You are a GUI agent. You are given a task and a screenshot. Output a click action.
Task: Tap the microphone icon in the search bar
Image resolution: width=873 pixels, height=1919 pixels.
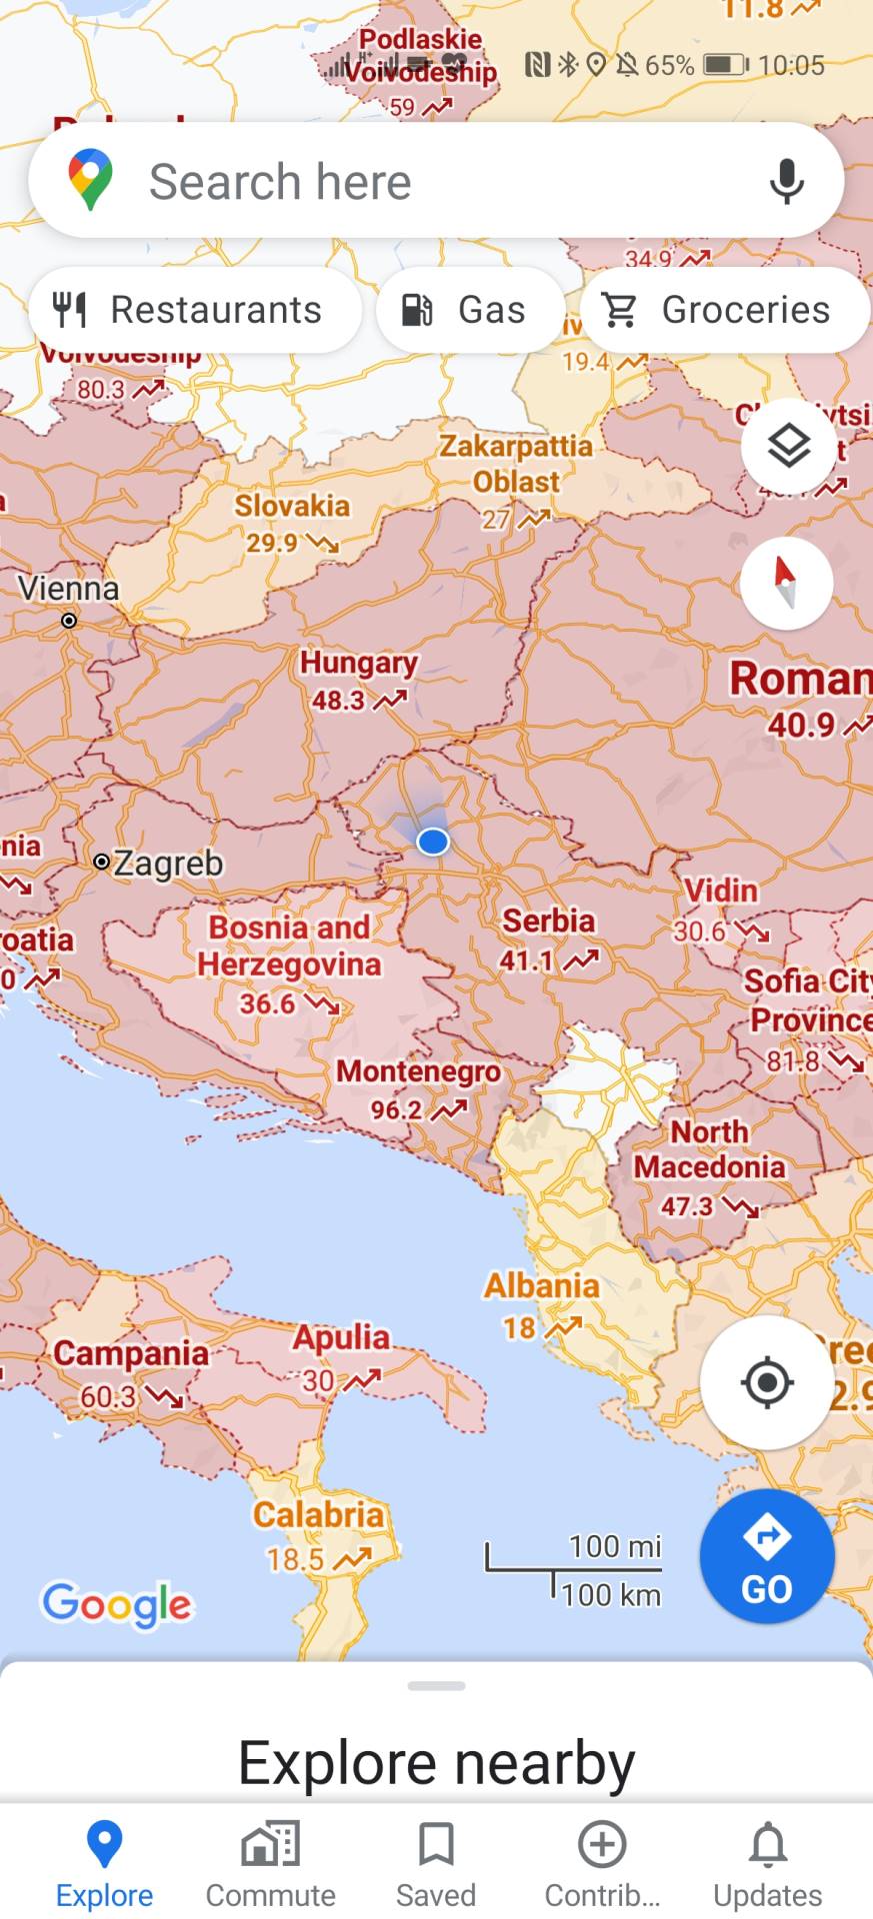pos(787,181)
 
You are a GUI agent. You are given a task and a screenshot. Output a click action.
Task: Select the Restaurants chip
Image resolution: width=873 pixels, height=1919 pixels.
pos(195,310)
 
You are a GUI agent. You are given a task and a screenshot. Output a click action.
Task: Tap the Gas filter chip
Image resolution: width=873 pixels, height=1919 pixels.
pos(469,310)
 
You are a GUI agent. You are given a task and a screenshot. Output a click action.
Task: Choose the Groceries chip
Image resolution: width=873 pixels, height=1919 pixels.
pos(724,310)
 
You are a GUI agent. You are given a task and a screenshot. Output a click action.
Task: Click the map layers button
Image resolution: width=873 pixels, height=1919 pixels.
pos(788,446)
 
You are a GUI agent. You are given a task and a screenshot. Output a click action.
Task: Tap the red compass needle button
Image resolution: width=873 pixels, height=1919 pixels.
pos(786,583)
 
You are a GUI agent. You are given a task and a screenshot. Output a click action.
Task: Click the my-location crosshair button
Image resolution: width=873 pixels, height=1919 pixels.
pos(767,1382)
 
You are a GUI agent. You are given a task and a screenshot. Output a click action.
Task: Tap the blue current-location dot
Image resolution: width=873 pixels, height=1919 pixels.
pos(433,842)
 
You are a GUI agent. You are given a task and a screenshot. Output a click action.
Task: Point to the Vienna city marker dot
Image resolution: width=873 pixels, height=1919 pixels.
pos(69,621)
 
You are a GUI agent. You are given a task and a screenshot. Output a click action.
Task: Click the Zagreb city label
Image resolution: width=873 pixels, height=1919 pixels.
pos(168,863)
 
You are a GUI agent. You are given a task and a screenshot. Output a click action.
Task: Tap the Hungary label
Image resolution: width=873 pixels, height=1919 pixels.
pos(359,663)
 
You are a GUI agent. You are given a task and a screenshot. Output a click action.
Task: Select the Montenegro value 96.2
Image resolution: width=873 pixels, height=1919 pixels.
pos(397,1110)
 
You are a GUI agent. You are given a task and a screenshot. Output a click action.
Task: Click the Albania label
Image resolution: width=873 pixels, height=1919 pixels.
pos(542,1285)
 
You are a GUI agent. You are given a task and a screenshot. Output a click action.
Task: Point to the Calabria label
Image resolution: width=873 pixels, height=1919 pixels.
pos(318,1514)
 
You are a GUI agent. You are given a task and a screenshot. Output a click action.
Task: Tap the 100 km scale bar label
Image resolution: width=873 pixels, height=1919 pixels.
pos(611,1594)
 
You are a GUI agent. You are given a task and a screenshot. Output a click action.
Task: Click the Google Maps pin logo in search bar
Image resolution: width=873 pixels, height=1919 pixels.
pos(90,180)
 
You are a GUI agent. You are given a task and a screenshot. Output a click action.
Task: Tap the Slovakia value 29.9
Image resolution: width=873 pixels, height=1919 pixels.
pos(273,543)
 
